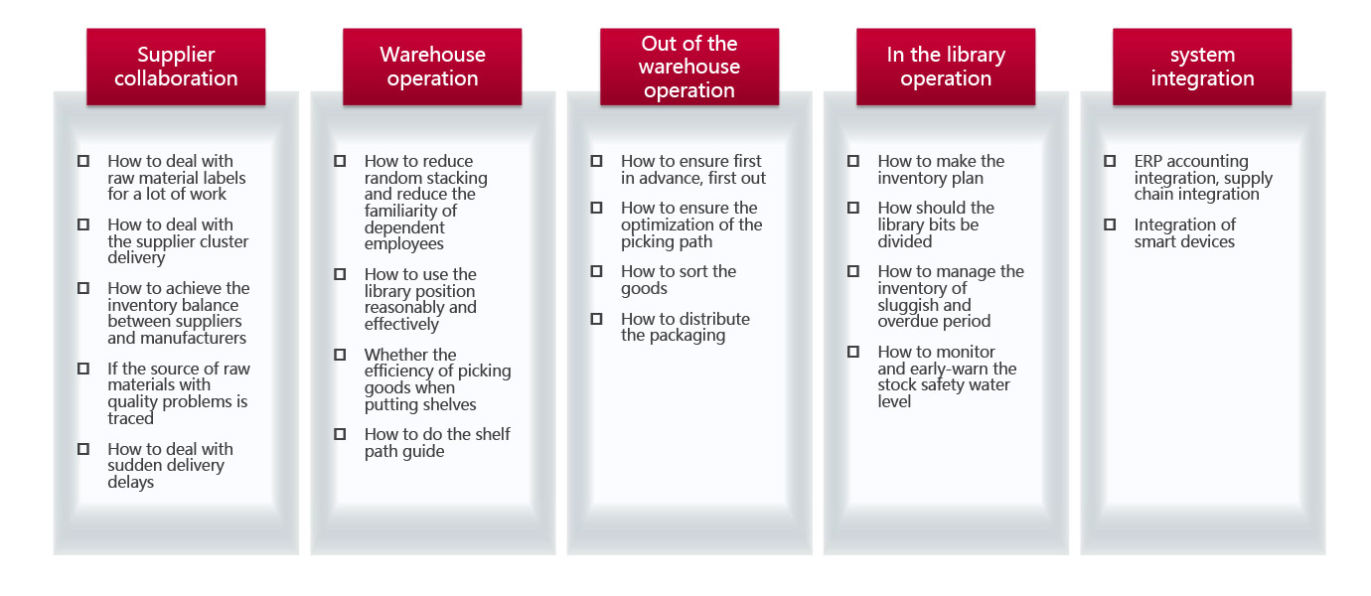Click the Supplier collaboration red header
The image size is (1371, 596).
click(176, 67)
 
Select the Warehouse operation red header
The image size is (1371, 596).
click(432, 67)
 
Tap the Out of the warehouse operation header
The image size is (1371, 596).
click(689, 67)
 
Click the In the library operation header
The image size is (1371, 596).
click(946, 67)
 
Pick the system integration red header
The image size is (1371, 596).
click(1202, 67)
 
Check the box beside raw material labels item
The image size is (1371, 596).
click(83, 161)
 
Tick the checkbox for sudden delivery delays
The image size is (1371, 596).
click(83, 449)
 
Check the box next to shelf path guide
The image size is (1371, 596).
click(340, 434)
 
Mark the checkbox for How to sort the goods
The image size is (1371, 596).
click(596, 271)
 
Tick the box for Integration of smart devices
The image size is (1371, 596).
click(1109, 224)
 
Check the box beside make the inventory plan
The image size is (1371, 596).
click(852, 161)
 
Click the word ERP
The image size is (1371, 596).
click(1148, 161)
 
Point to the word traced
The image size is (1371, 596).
click(130, 418)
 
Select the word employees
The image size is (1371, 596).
click(404, 244)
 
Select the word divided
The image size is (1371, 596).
click(905, 241)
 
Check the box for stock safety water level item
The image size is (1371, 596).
click(852, 352)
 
